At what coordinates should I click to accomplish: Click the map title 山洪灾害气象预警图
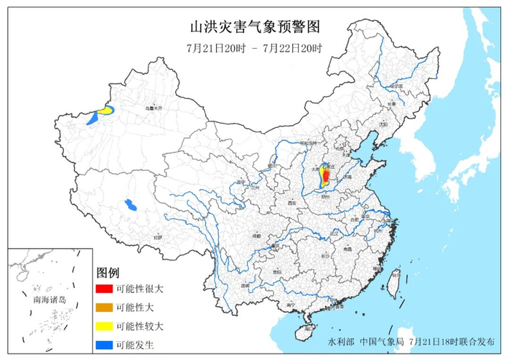point(254,28)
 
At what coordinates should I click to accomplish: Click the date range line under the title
point(254,49)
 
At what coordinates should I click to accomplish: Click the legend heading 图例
point(107,273)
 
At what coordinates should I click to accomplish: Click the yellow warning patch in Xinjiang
point(105,111)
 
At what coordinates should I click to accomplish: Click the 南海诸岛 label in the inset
point(48,300)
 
